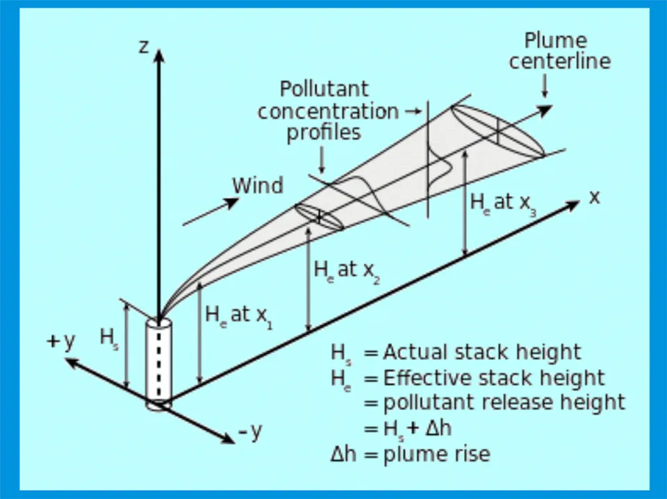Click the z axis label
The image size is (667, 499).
tap(144, 47)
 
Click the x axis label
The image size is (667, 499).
tap(594, 197)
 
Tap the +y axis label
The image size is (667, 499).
tap(60, 342)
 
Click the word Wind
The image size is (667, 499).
tap(258, 186)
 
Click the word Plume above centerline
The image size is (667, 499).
tap(555, 40)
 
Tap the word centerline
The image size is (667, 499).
tap(559, 61)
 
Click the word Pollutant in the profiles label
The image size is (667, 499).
tap(324, 90)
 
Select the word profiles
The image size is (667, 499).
tap(324, 132)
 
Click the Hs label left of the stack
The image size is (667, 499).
tap(109, 338)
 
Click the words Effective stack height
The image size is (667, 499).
tap(494, 377)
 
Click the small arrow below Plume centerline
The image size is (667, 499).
tap(544, 85)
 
